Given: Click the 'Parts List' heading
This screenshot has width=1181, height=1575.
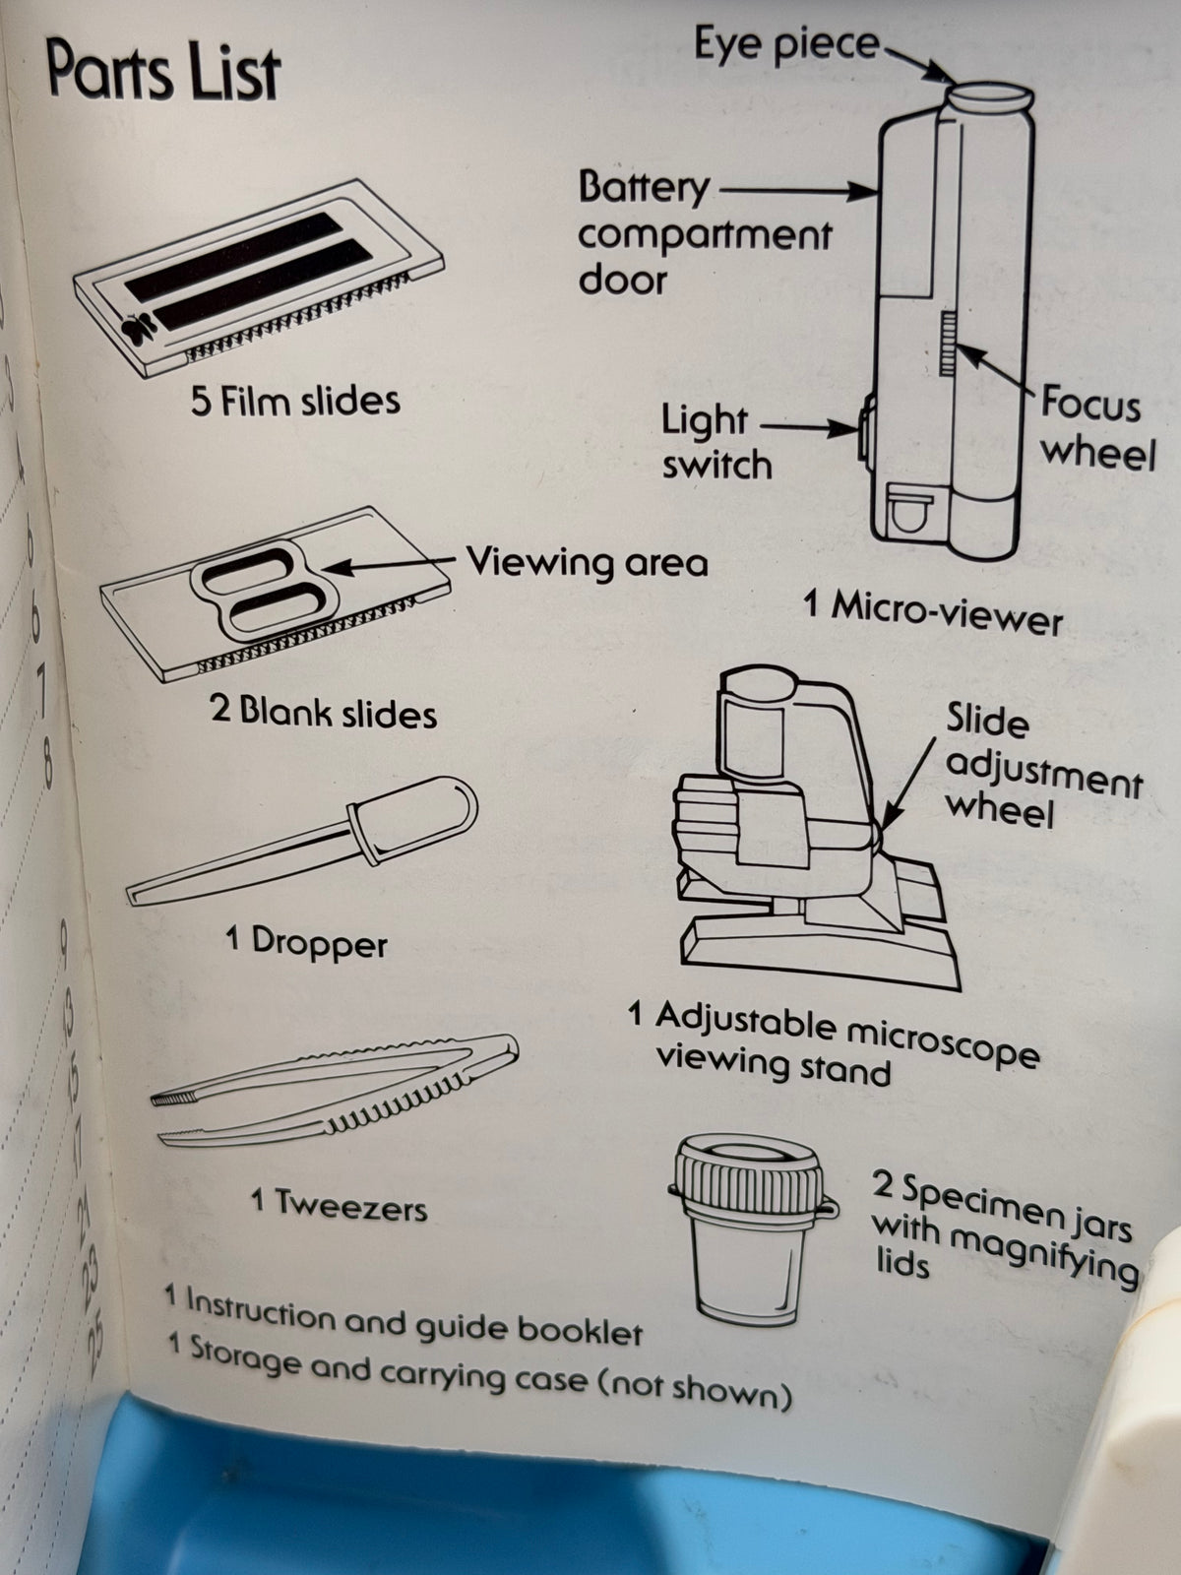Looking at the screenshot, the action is pyautogui.click(x=162, y=72).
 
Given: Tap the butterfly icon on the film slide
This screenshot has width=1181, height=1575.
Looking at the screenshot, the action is pyautogui.click(x=139, y=328).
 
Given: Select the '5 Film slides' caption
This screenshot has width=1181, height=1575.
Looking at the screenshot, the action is pyautogui.click(x=295, y=401).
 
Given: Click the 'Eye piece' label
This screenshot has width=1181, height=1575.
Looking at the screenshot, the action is pyautogui.click(x=786, y=44).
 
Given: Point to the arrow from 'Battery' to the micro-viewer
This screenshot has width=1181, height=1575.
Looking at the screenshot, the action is pyautogui.click(x=798, y=191).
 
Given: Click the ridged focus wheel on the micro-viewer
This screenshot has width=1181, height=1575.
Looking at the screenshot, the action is pyautogui.click(x=948, y=343).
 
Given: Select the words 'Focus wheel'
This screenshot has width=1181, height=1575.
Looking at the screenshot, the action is pyautogui.click(x=1098, y=428).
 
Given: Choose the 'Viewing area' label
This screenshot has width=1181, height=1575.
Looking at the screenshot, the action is pyautogui.click(x=588, y=561).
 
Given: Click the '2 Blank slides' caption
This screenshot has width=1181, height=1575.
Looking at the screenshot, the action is pyautogui.click(x=324, y=713).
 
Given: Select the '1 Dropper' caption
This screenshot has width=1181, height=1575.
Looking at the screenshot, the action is pyautogui.click(x=306, y=941).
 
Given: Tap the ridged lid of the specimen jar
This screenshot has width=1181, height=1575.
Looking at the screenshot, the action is pyautogui.click(x=750, y=1177).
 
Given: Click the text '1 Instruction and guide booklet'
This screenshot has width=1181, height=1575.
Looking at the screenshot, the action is pyautogui.click(x=403, y=1319).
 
